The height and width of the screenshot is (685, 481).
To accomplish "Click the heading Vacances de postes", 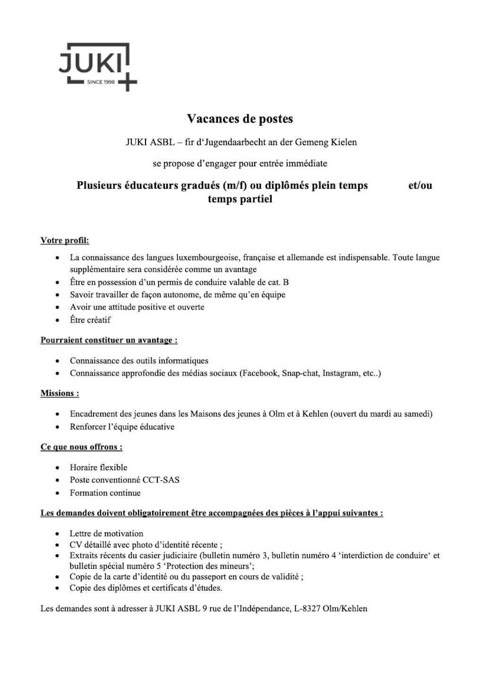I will coord(240,119).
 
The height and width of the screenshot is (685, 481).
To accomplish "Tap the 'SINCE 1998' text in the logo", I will coord(101,82).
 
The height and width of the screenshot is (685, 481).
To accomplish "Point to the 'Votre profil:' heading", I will coord(65,240).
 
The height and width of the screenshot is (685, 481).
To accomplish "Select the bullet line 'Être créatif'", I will coord(90,320).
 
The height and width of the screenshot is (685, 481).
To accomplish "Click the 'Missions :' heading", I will coord(60,393).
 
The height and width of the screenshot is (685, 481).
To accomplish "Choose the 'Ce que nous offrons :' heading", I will coord(81,447).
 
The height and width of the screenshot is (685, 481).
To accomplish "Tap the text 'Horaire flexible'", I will coord(98,468).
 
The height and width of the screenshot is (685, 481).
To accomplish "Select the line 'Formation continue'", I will coord(105,493).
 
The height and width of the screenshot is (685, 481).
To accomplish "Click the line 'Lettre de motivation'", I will coord(106,534).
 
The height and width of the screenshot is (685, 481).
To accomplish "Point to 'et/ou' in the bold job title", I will coord(420,186).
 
